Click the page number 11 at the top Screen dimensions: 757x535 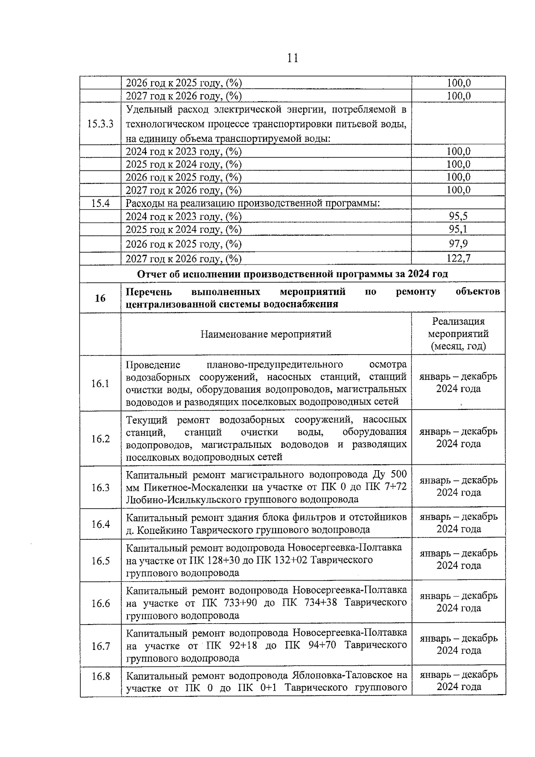click(292, 58)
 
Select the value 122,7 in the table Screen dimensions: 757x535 click(458, 258)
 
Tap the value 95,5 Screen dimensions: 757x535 click(458, 217)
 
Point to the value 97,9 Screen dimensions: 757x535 click(458, 244)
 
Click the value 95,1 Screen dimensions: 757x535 click(458, 229)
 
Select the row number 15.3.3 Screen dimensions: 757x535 click(100, 124)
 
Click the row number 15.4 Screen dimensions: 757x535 click(100, 203)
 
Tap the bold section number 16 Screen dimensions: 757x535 click(100, 298)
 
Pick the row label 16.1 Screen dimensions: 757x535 click(100, 383)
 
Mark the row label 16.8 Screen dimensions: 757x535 click(100, 676)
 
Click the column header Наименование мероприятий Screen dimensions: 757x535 click(266, 334)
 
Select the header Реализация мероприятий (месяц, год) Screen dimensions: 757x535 click(458, 334)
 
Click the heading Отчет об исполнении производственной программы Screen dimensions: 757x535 click(292, 274)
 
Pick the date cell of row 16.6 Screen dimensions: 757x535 click(458, 602)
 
